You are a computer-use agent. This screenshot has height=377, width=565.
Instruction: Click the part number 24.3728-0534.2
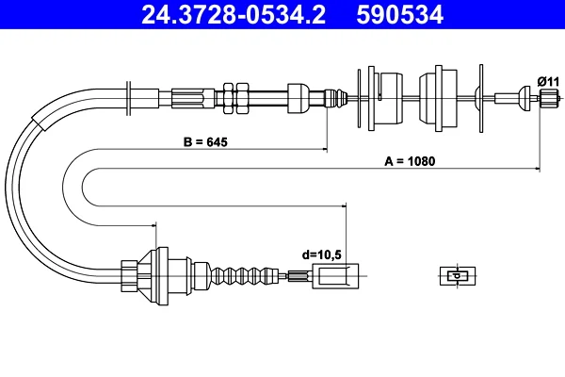(234, 14)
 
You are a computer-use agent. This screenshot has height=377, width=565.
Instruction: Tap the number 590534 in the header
(399, 14)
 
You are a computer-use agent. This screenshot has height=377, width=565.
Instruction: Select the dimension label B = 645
(205, 142)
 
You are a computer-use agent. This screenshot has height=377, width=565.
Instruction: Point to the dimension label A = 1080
(410, 161)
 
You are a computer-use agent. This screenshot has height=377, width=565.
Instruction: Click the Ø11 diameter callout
(548, 82)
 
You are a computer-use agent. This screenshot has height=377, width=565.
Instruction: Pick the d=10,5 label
(321, 255)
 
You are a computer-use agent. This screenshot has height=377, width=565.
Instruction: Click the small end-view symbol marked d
(458, 276)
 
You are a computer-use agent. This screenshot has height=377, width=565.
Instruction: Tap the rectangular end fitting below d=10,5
(335, 276)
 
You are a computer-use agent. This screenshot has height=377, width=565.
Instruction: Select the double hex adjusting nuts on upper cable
(236, 98)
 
